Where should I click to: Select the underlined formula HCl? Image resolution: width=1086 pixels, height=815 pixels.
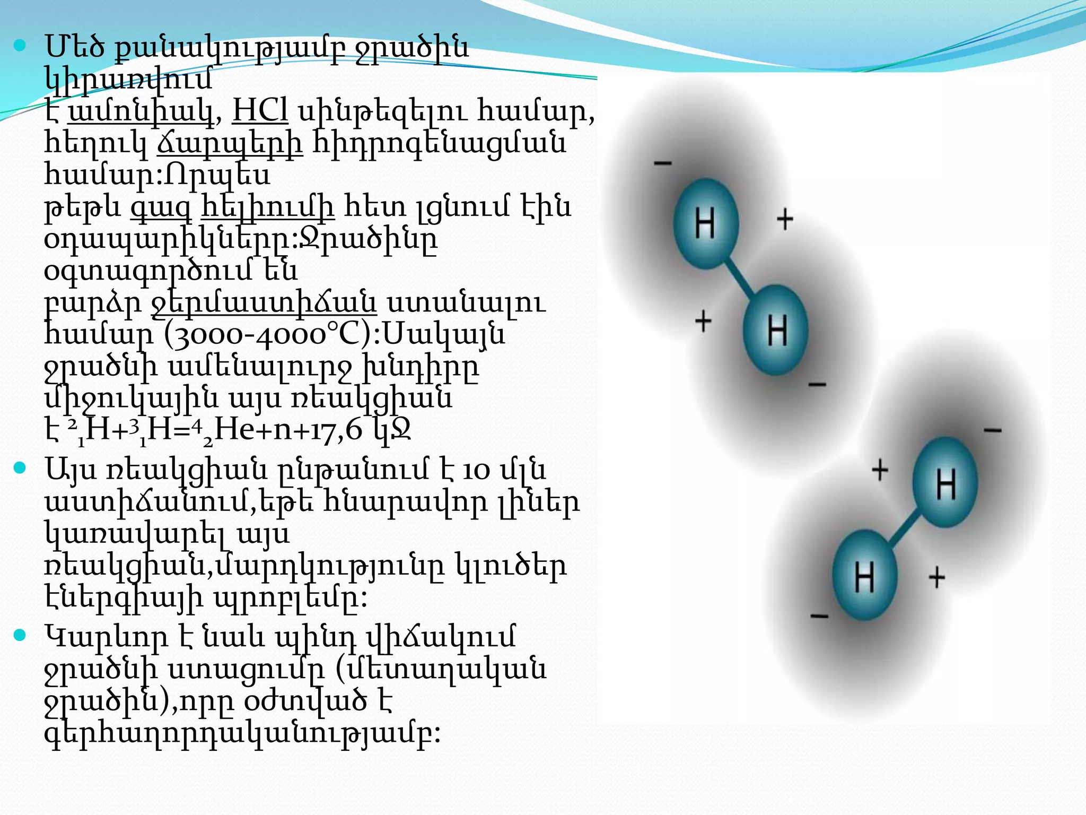click(x=260, y=111)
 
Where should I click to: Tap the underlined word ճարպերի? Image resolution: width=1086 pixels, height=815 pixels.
click(x=230, y=144)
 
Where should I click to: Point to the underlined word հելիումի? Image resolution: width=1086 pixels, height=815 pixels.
click(x=268, y=207)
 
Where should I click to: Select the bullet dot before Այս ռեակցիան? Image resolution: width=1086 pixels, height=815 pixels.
click(x=20, y=468)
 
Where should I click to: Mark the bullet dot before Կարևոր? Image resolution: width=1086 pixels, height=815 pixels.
click(x=20, y=635)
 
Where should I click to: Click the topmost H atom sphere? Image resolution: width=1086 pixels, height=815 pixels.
click(x=706, y=223)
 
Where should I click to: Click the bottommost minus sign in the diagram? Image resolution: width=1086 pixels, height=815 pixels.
click(x=819, y=616)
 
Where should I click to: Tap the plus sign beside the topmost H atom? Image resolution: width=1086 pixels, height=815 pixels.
click(x=785, y=219)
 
